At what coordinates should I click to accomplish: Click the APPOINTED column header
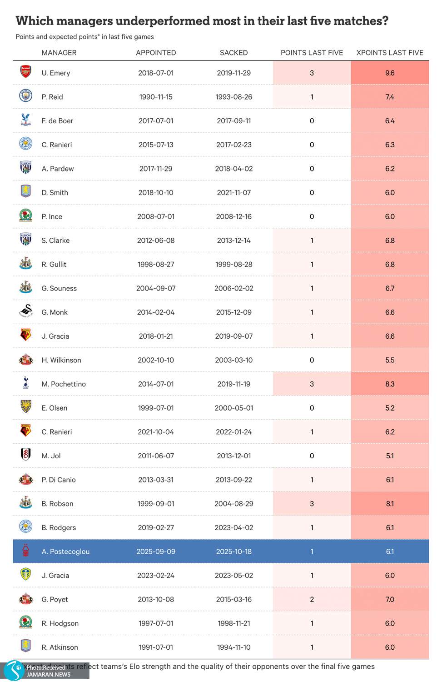[x=156, y=53]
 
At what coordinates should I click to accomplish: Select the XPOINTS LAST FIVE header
[x=390, y=53]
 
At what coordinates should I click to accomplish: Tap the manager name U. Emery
[x=56, y=73]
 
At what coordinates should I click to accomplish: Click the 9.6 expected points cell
[x=390, y=73]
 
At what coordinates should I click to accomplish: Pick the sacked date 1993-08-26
[x=233, y=97]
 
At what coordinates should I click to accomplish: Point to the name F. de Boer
[x=57, y=121]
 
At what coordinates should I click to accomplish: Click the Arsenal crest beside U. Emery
[x=26, y=72]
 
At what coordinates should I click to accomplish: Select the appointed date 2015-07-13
[x=156, y=145]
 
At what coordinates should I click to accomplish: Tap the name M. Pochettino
[x=64, y=384]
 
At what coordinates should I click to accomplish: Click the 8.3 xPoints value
[x=390, y=384]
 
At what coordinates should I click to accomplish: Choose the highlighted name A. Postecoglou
[x=65, y=552]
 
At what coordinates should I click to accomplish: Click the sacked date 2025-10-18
[x=233, y=552]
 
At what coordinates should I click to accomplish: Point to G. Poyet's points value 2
[x=312, y=599]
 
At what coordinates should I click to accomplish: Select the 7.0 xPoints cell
[x=390, y=599]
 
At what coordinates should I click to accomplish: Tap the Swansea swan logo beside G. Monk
[x=26, y=311]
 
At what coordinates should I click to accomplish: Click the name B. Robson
[x=57, y=504]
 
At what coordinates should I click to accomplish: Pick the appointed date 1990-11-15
[x=156, y=97]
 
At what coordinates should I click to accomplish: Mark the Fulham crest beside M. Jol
[x=26, y=455]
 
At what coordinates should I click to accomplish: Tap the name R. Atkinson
[x=60, y=647]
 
